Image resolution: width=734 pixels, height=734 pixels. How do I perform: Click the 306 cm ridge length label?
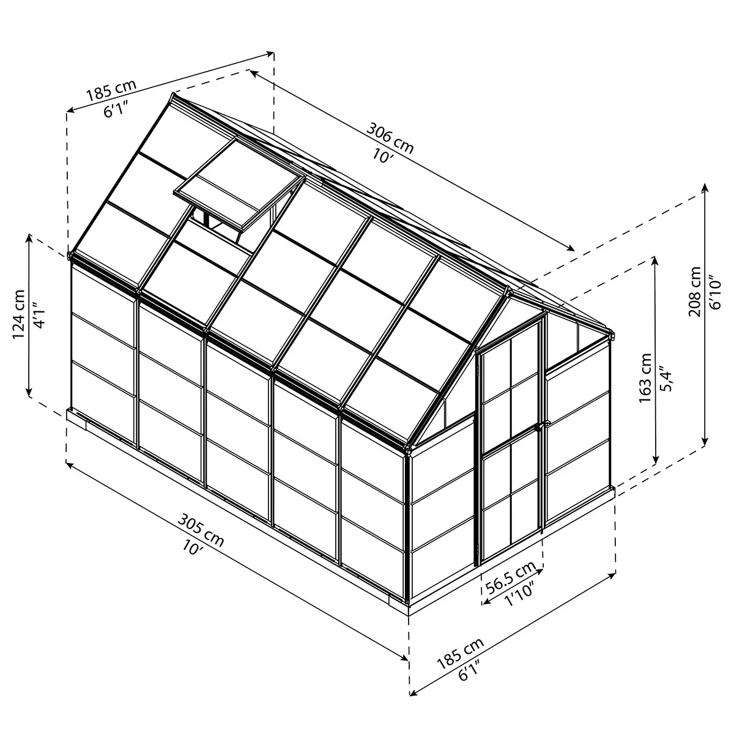tap(389, 138)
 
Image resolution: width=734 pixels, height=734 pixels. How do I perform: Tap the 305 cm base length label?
tap(201, 530)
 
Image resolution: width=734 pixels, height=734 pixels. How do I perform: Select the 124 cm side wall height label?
tap(19, 314)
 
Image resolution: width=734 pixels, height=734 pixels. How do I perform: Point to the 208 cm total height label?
tap(694, 291)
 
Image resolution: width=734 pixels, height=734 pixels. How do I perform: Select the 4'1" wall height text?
tap(40, 315)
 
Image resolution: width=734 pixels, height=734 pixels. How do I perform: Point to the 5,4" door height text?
tap(667, 379)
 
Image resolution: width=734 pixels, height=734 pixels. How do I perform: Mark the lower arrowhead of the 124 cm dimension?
tap(29, 391)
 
